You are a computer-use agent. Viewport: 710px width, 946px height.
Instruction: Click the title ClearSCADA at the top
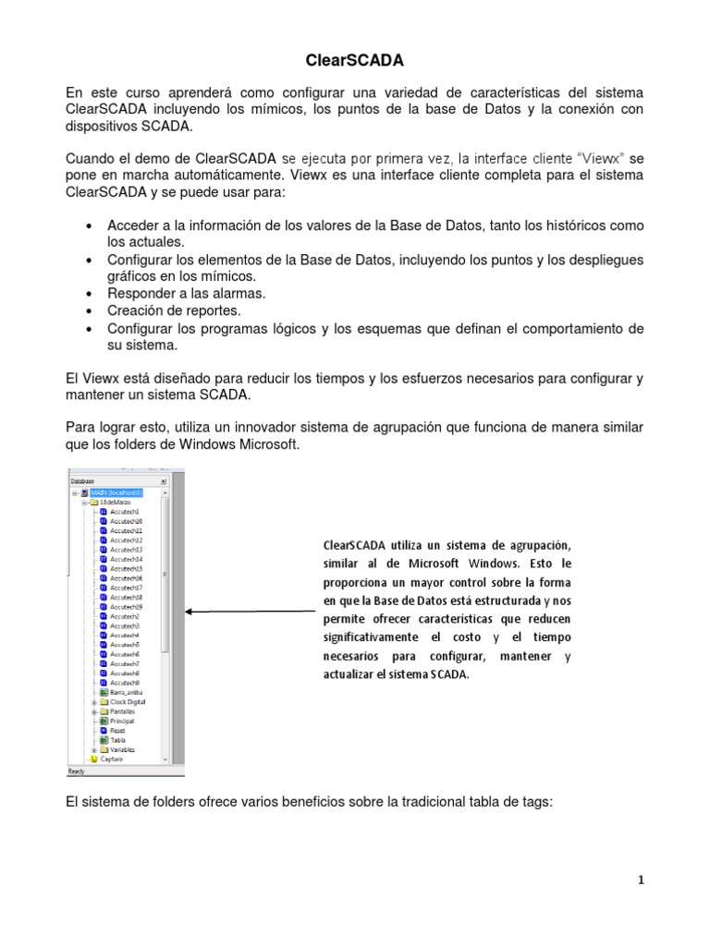354,62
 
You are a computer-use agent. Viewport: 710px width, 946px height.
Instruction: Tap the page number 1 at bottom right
641,880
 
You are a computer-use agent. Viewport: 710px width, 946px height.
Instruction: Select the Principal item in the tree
123,721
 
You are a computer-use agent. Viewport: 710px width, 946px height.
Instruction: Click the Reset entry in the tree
118,730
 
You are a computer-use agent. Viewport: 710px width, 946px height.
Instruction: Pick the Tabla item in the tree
118,739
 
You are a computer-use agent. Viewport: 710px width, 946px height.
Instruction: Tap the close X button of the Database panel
164,480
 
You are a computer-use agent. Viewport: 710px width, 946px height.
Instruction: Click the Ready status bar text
76,770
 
